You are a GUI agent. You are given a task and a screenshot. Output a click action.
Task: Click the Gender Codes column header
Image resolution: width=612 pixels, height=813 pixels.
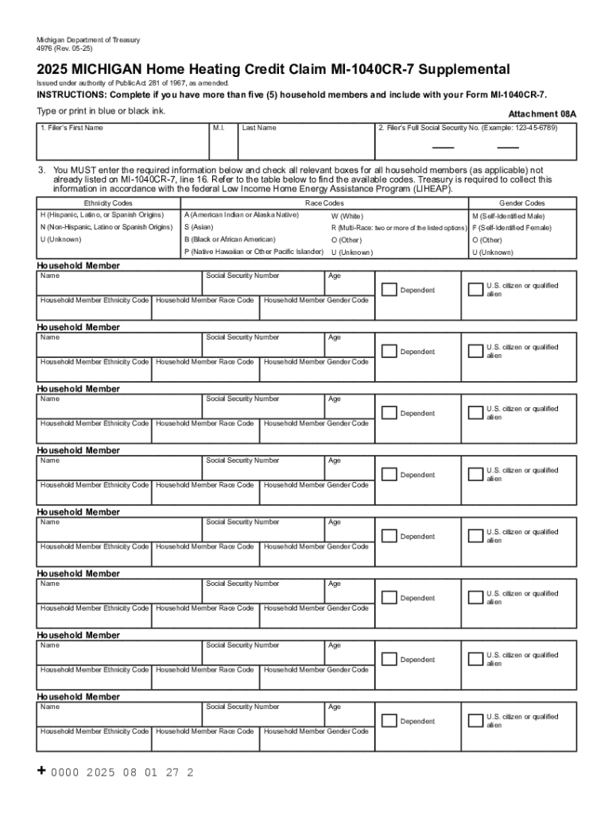(x=521, y=203)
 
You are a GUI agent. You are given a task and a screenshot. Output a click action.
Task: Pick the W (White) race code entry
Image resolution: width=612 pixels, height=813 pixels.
(x=347, y=216)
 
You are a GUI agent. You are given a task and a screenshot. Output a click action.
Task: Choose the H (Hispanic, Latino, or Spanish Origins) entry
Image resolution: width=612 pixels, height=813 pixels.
(x=102, y=215)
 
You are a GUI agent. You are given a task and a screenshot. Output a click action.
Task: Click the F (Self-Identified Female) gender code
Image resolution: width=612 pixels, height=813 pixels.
(x=512, y=228)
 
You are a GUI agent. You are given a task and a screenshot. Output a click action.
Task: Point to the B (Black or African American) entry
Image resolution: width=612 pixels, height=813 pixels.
(x=230, y=239)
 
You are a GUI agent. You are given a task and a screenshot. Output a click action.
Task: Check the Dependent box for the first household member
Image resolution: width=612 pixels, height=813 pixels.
(x=388, y=290)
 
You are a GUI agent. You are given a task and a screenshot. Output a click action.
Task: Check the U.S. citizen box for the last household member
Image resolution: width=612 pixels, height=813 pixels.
(x=474, y=720)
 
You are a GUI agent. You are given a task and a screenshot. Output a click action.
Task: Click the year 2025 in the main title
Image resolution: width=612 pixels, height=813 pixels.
(x=54, y=70)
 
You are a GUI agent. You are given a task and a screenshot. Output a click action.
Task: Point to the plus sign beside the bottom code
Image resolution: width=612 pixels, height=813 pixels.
(x=42, y=771)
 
